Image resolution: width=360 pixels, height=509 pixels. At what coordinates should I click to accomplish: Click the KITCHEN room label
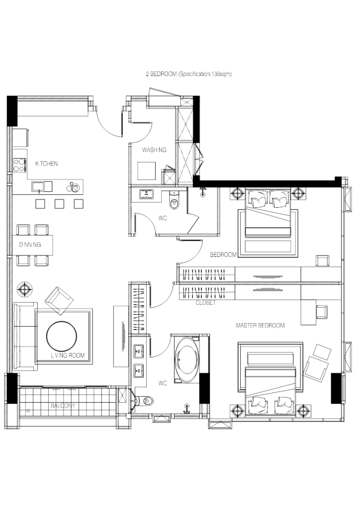[46, 164]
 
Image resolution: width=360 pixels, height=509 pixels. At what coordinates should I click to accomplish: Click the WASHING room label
[154, 150]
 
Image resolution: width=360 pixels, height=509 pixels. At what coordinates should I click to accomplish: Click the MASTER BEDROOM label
[260, 326]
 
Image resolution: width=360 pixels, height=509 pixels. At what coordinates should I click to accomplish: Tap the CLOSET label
[205, 302]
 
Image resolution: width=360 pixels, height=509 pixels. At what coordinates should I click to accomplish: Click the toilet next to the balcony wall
[146, 400]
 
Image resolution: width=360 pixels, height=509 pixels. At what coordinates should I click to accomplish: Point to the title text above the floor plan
[189, 74]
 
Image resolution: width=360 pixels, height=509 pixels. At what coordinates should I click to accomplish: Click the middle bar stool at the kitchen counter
[59, 203]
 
